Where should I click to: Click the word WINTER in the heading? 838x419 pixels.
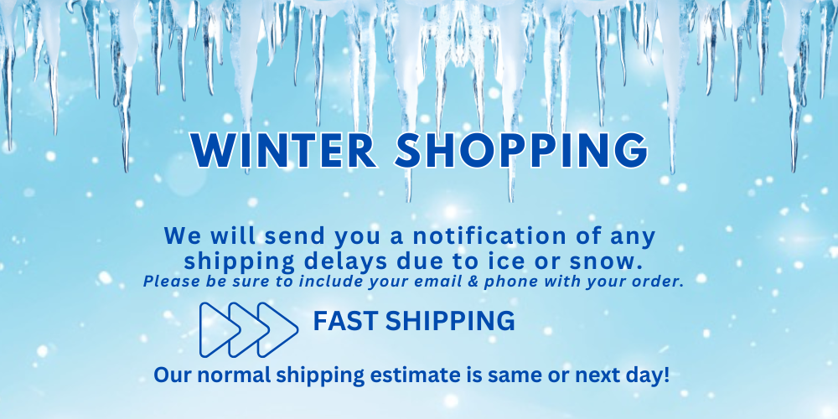[x=284, y=150]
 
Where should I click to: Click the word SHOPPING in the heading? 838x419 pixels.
[x=521, y=150]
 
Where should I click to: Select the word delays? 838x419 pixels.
[x=346, y=261]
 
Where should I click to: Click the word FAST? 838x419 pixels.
[x=346, y=321]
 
